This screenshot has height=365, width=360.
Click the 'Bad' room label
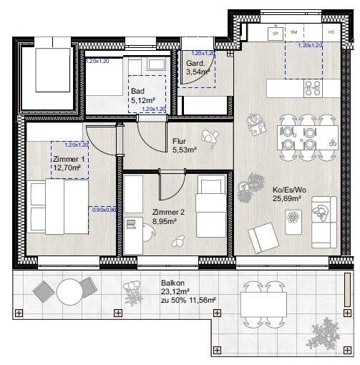138,92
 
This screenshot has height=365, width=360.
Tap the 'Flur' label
180,142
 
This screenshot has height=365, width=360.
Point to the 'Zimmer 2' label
169,213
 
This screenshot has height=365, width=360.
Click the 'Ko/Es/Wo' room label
288,190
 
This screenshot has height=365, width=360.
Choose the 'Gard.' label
195,63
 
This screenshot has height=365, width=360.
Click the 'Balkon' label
172,283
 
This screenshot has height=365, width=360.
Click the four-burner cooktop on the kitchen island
313,87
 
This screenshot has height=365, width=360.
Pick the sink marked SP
275,32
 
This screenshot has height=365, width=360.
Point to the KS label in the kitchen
331,32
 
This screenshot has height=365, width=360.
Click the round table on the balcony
70,291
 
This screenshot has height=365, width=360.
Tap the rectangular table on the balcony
263,303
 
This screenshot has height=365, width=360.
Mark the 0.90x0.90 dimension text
102,210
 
